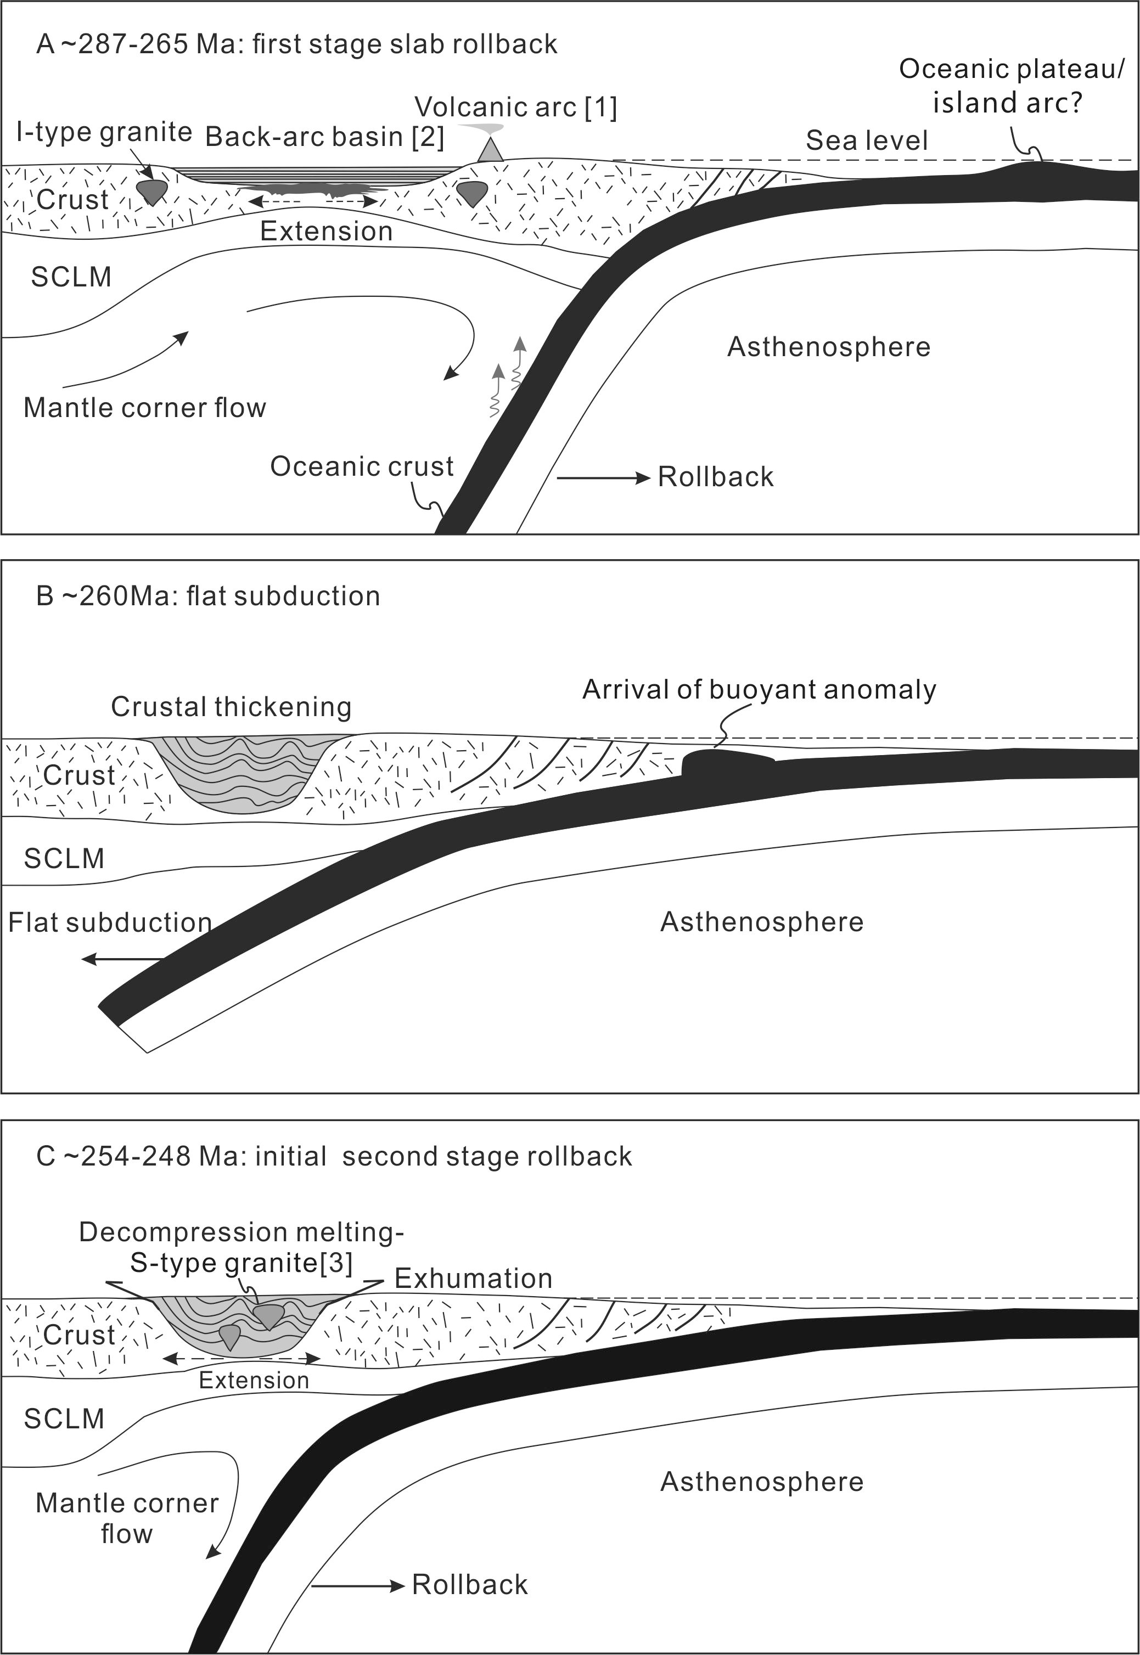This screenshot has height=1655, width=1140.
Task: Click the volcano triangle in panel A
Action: [490, 151]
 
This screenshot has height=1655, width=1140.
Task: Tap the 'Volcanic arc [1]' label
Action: [516, 108]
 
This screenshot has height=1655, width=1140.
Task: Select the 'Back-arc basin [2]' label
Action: [325, 137]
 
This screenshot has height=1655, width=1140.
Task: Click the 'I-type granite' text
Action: [104, 132]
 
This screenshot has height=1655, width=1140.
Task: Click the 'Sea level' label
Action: [867, 140]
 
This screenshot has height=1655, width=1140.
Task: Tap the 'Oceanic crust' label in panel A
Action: [361, 467]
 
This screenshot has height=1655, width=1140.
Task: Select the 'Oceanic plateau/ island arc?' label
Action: [1010, 86]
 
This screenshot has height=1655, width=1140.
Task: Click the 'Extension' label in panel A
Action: [327, 232]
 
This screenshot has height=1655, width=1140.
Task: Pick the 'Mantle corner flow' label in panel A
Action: [145, 408]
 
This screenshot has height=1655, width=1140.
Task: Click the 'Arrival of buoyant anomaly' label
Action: [759, 690]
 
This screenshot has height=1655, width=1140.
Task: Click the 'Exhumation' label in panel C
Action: [474, 1278]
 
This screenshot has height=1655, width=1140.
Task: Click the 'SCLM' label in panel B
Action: [64, 858]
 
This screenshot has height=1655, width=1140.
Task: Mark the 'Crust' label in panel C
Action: [78, 1335]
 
